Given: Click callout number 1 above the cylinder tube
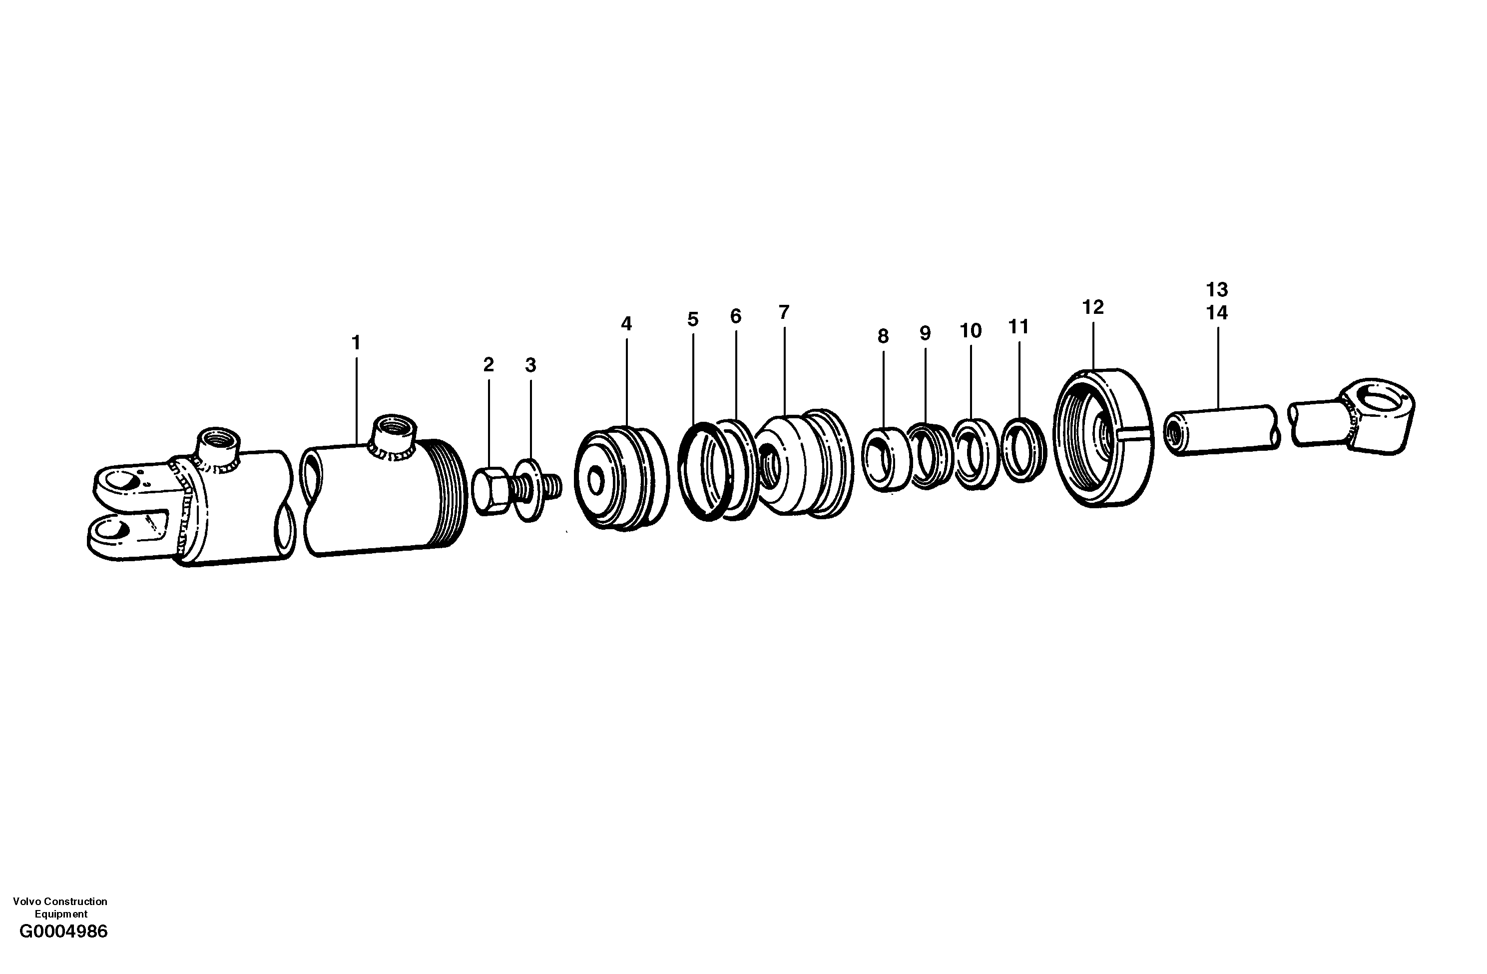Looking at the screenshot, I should point(356,343).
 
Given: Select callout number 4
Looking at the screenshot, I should point(626,324).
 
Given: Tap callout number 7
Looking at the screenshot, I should point(784,312).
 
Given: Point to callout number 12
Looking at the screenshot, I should point(1093,307).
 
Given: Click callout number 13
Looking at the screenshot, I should point(1216,289).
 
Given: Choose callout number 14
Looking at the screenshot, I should point(1216,312).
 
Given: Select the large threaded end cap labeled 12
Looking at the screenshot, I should point(1103,438).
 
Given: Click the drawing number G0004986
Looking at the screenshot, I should point(64,949).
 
